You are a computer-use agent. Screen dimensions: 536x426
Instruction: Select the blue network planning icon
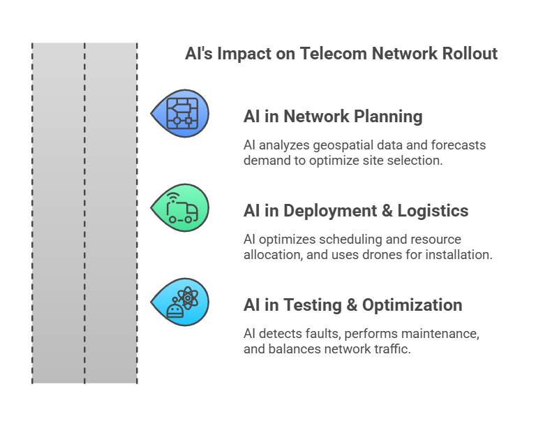click(x=180, y=114)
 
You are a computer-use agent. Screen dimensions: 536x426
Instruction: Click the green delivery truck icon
click(x=180, y=207)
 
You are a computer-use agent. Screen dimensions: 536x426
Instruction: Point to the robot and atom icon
click(x=180, y=302)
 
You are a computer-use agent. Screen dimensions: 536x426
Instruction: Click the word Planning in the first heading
click(x=388, y=117)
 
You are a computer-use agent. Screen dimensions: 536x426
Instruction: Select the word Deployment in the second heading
click(x=330, y=210)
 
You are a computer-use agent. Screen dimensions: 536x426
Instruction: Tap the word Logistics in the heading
click(x=433, y=210)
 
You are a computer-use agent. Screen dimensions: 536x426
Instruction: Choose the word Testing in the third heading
click(x=313, y=305)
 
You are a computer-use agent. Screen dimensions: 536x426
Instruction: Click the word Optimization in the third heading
click(x=412, y=305)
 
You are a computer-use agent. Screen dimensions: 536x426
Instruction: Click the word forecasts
click(x=458, y=145)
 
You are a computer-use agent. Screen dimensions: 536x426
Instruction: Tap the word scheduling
click(x=350, y=240)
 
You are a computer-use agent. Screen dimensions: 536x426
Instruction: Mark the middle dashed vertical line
click(x=84, y=213)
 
